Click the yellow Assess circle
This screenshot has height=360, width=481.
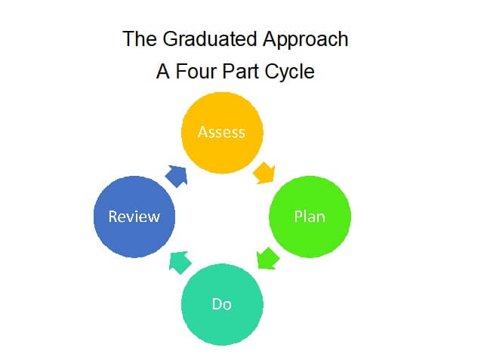tap(222, 133)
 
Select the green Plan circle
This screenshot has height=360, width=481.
tap(310, 217)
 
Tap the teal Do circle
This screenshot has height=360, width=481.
tap(222, 304)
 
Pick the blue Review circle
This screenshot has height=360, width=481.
tap(134, 217)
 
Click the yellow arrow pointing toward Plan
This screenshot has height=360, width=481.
tap(264, 174)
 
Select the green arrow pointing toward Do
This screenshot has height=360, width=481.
tap(267, 259)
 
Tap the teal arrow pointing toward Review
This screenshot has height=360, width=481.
tap(180, 263)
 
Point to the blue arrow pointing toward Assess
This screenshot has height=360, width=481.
tap(177, 176)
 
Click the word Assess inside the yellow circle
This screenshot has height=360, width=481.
tap(221, 132)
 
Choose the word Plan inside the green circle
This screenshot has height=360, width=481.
tap(310, 217)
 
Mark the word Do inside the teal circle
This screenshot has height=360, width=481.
tap(221, 304)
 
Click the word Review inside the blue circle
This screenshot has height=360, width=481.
tap(134, 217)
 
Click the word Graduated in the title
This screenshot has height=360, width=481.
tap(210, 39)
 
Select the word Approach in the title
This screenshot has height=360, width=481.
tap(306, 40)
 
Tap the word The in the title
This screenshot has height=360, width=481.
tap(140, 39)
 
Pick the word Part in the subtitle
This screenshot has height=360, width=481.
tap(241, 72)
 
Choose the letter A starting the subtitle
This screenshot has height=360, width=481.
tap(163, 72)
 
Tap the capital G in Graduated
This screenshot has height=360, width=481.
tap(171, 39)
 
